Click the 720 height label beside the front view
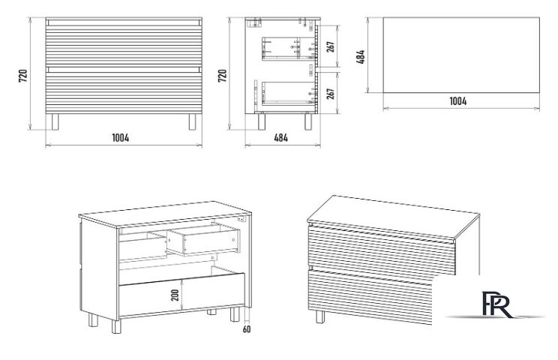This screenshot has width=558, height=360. coord(23,76)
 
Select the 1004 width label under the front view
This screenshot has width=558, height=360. coord(121,138)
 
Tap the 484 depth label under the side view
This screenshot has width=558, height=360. coord(281,138)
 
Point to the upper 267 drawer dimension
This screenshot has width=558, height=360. coord(330,46)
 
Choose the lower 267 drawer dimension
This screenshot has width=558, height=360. coord(330,94)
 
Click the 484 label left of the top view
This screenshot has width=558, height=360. coord(361,57)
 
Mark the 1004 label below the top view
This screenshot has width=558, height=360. coord(458,101)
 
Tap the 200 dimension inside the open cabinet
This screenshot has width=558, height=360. coord(175,295)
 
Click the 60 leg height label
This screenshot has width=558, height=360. coord(247,329)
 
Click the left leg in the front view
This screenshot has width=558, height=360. coord(55,121)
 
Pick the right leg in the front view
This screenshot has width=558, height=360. coord(192,121)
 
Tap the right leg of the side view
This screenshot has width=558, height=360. coord(308,121)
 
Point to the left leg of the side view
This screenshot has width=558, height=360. coord(261,121)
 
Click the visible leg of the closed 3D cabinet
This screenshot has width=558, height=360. coord(320,316)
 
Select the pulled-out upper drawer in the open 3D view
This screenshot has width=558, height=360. coord(203,238)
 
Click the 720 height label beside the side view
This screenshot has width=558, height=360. coord(223,76)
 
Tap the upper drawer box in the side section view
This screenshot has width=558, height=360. coord(289,49)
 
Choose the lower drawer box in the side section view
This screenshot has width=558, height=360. coord(289,93)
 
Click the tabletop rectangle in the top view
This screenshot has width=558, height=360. coord(461,55)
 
